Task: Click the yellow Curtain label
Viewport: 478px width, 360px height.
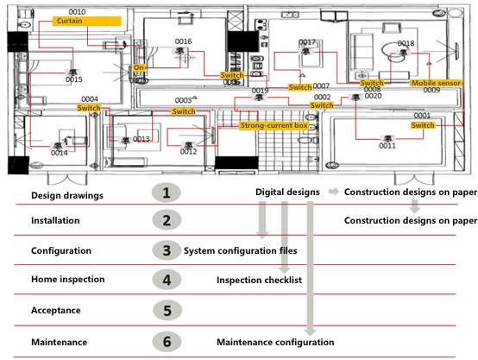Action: point(72,21)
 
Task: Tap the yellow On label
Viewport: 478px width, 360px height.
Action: point(137,67)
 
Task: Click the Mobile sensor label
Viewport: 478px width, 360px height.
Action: point(435,83)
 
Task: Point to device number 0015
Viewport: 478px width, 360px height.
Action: point(74,79)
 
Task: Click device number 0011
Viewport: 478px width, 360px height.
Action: point(387,146)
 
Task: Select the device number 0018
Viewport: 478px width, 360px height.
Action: point(406,43)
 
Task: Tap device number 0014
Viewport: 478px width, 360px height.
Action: point(59,153)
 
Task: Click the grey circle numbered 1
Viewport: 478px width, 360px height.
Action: point(166,192)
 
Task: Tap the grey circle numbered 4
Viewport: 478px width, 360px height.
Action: point(166,280)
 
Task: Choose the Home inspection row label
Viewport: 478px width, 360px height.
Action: point(68,280)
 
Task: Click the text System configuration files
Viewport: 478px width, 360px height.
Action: point(240,251)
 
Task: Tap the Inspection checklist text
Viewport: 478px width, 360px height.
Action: point(260,281)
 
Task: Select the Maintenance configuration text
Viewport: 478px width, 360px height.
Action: point(274,343)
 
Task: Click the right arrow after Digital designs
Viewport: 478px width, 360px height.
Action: point(332,191)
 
